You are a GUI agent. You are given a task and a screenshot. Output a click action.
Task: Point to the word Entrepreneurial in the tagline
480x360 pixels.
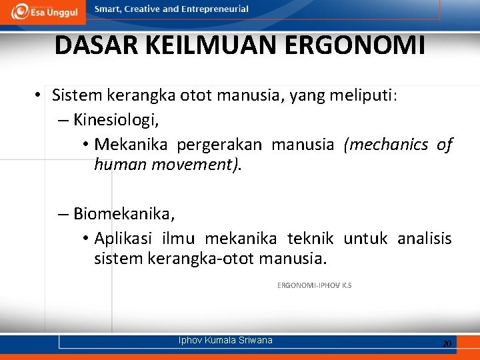point(211,9)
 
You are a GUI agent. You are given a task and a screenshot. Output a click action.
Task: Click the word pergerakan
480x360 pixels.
point(223,145)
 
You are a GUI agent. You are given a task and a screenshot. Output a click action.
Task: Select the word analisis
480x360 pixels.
point(424,239)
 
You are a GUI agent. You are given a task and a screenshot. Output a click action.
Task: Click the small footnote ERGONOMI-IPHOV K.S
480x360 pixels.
point(314,285)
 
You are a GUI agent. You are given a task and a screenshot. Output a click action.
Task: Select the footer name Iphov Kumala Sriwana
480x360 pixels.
point(225,341)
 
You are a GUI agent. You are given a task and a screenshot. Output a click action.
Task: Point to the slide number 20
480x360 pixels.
point(447,343)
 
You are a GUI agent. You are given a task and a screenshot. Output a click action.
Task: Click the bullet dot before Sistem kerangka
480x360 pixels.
point(39,96)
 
